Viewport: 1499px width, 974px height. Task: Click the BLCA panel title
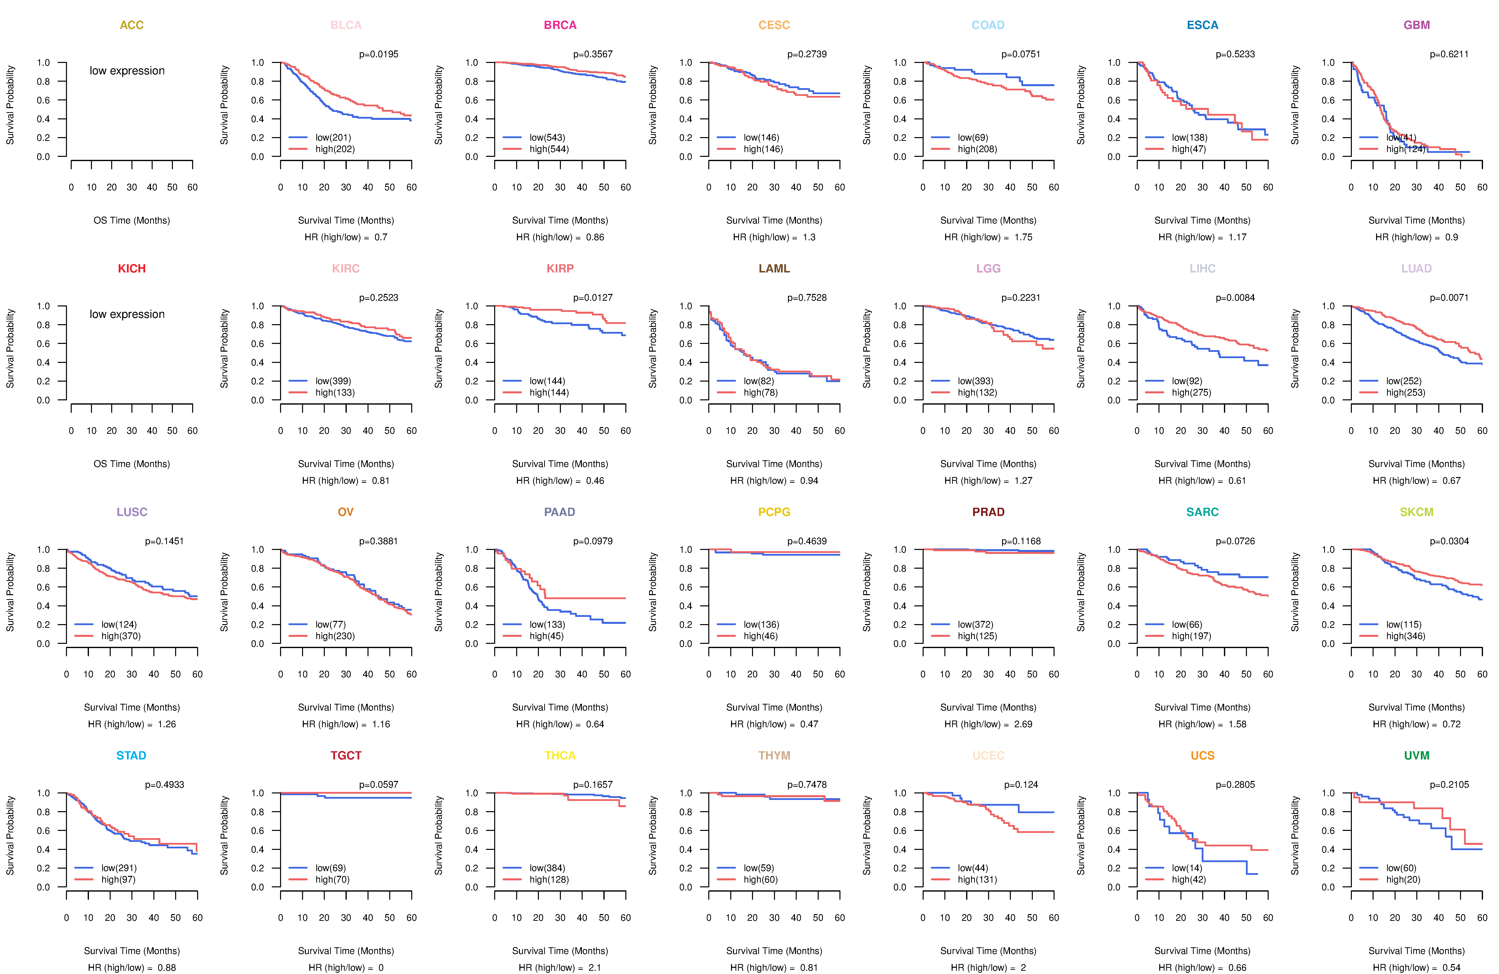point(346,25)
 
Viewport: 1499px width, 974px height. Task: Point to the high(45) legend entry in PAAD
point(546,636)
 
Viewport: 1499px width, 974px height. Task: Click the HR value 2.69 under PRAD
point(1023,724)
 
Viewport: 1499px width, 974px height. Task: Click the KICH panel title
point(132,269)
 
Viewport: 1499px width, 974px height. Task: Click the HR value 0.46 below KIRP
point(595,481)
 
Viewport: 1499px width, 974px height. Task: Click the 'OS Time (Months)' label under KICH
point(132,464)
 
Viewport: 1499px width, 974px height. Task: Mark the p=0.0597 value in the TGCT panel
point(378,784)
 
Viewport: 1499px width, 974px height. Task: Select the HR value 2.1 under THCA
point(595,968)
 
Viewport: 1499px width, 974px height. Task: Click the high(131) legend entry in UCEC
point(977,880)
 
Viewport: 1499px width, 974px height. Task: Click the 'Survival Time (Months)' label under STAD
point(132,951)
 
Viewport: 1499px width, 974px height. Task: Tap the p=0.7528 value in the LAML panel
point(807,298)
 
